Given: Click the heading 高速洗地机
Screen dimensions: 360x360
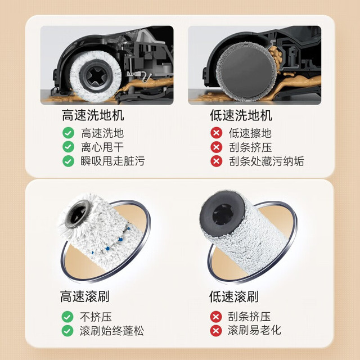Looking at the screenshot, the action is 93,115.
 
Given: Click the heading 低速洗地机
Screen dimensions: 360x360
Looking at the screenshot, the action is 241,115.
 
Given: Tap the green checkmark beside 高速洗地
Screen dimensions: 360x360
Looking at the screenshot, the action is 69,133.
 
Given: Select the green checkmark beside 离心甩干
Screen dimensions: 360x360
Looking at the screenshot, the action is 69,147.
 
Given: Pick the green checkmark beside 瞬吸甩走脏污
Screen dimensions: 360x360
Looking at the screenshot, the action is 69,161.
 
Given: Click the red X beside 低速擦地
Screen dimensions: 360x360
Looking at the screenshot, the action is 216,133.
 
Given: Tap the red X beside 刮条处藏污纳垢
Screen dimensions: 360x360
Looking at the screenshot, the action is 216,161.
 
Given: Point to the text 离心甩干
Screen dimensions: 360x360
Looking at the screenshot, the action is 102,147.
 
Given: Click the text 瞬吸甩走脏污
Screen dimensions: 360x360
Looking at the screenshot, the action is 112,161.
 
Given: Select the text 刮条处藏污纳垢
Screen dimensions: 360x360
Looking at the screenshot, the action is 267,161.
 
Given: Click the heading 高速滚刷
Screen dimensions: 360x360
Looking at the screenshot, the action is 85,296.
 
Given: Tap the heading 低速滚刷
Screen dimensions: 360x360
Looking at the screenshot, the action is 234,296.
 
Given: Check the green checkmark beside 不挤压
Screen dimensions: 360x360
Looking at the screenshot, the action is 67,317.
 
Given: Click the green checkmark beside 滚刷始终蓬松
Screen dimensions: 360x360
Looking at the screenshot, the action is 67,331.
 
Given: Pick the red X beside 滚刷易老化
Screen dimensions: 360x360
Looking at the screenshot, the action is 216,331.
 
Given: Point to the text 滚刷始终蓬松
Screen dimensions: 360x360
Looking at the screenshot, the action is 112,331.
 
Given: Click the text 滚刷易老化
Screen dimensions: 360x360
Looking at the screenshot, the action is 254,330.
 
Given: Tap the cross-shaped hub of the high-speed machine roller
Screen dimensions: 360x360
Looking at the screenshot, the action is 96,76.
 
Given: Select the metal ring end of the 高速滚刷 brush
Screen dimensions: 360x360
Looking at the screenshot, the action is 78,214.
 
